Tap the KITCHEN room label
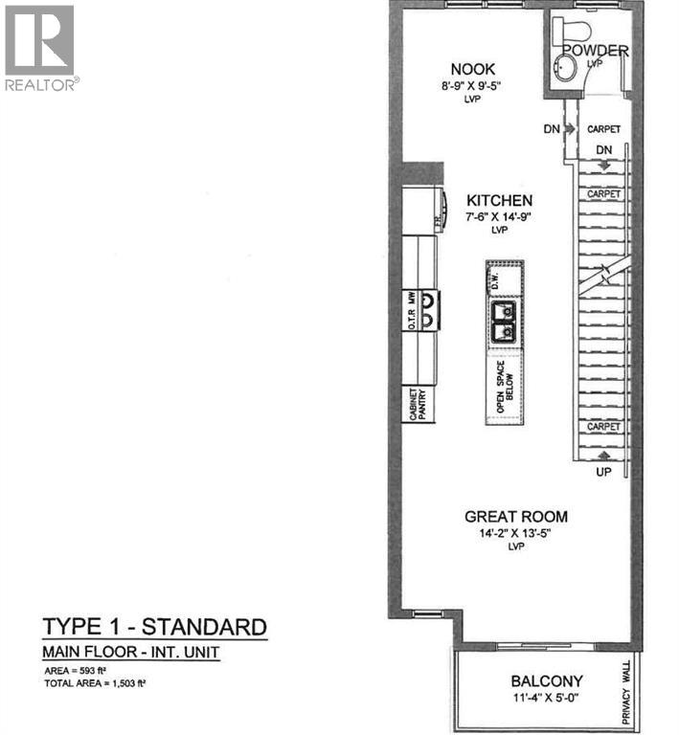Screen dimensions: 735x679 (499, 200)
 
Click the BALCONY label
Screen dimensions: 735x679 (547, 682)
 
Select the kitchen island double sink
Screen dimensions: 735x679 (503, 322)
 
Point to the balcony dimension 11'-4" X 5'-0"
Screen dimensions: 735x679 (547, 699)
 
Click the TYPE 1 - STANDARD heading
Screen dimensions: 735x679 (154, 628)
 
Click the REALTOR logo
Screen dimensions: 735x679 (40, 48)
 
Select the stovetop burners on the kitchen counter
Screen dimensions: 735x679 (428, 310)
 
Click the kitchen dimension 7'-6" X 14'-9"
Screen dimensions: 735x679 (499, 217)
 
